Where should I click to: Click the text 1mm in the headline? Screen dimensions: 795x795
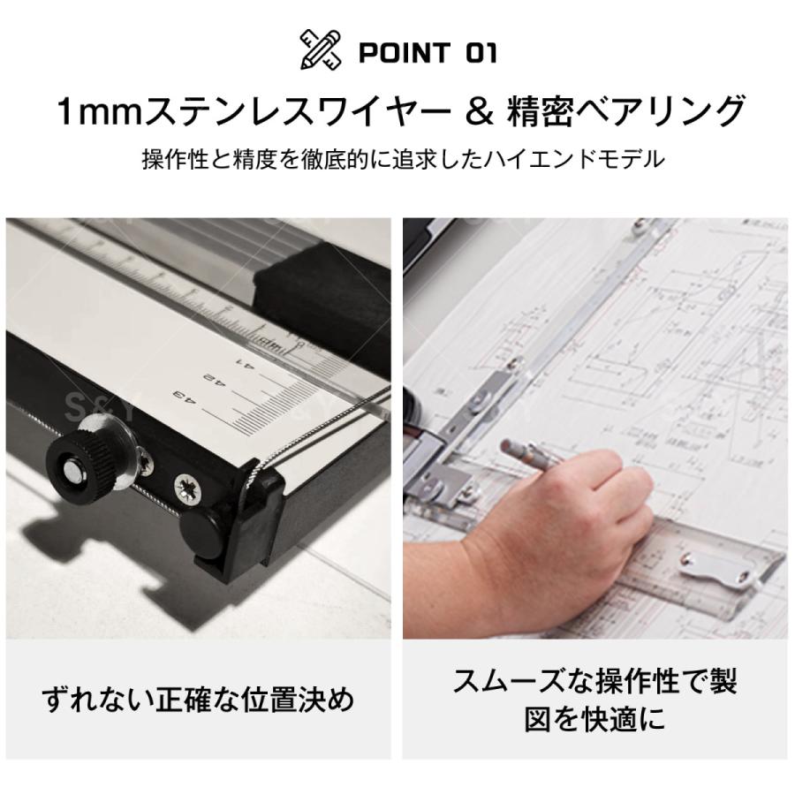point(92,113)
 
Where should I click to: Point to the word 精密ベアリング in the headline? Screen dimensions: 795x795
point(625,113)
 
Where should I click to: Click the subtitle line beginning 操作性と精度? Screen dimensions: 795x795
point(402,160)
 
